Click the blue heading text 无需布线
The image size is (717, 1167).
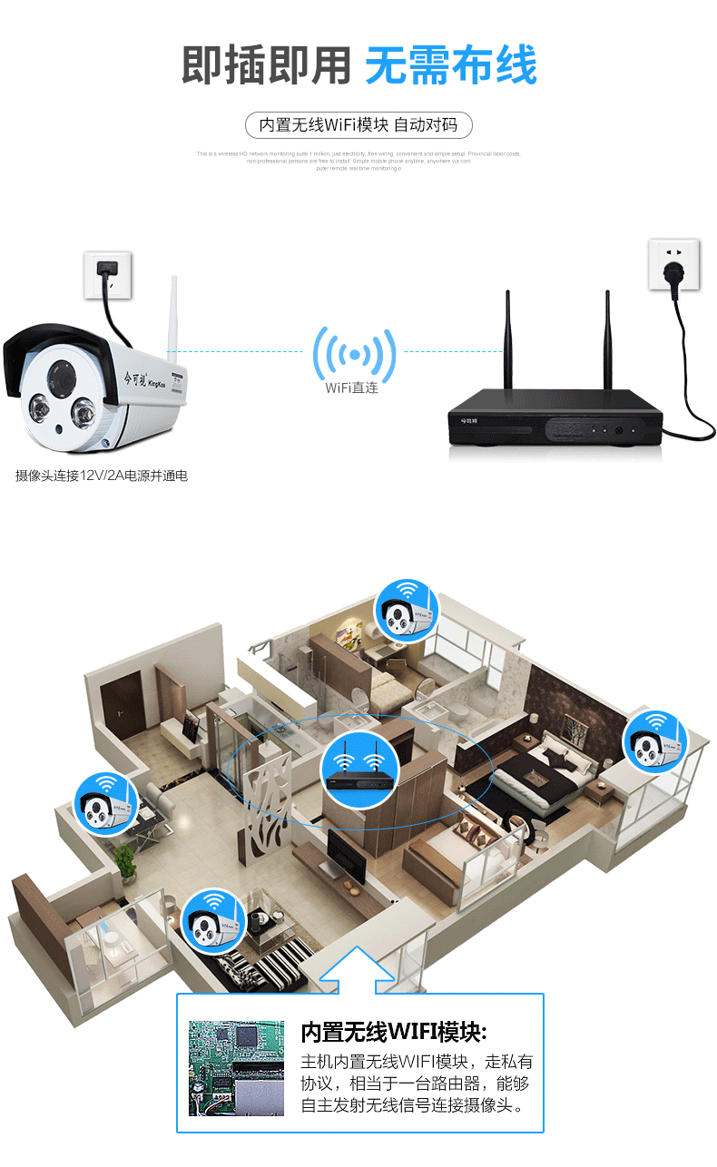451,64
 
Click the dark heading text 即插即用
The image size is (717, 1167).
266,64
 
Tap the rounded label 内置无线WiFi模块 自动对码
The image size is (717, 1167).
358,125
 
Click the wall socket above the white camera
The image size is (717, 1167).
108,273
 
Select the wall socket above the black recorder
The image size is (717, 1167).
673,264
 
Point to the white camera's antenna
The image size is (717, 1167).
172,313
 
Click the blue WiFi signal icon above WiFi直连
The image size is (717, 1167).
354,353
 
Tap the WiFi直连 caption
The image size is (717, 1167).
351,388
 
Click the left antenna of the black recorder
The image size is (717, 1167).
508,349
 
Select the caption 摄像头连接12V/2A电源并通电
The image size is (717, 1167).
102,475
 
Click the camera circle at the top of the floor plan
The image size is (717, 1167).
407,609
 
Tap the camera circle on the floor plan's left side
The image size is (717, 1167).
105,801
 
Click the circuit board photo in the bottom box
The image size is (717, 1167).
236,1067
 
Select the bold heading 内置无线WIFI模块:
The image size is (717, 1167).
394,1032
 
